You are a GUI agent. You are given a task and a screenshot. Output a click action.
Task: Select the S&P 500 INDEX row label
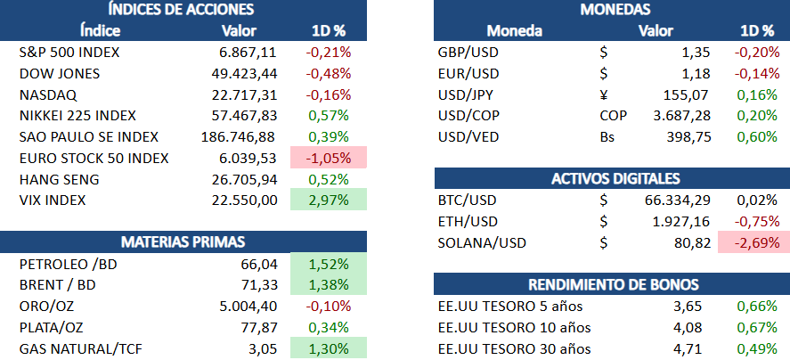point(69,52)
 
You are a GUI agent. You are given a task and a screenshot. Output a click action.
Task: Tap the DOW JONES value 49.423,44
point(240,73)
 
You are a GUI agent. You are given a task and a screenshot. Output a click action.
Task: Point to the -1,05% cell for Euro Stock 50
point(328,159)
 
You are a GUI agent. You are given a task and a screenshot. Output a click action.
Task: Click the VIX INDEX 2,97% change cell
point(328,200)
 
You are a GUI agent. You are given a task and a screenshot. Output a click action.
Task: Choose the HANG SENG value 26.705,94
point(240,180)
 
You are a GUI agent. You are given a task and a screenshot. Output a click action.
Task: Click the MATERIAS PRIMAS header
point(183,242)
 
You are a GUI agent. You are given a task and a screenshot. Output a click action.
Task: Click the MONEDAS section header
point(615,10)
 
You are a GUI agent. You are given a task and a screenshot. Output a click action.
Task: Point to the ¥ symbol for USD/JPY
point(606,94)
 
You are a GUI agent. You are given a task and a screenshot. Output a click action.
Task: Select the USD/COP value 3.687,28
point(657,116)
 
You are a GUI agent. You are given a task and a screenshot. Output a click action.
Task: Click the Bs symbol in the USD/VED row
point(607,137)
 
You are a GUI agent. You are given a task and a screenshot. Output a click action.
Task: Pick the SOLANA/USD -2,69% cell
point(753,242)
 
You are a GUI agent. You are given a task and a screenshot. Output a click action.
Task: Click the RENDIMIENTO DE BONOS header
point(613,285)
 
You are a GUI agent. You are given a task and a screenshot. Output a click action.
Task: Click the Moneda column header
point(514,31)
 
